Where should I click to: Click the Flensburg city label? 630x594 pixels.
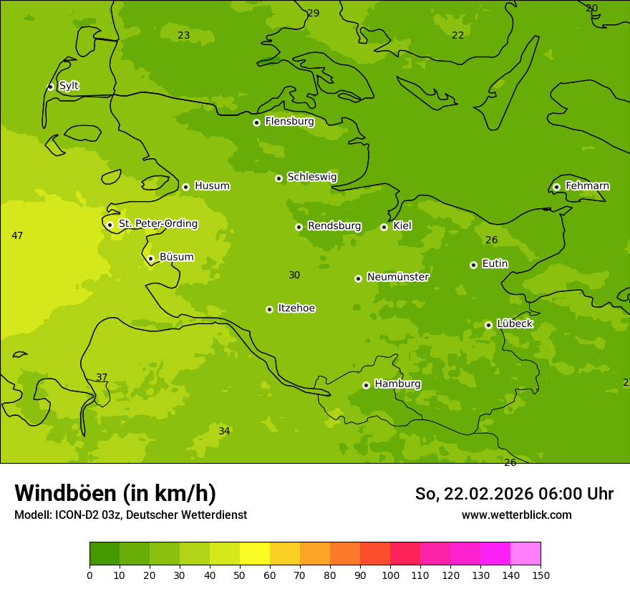(x=289, y=122)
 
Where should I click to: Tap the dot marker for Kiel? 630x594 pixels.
(x=384, y=227)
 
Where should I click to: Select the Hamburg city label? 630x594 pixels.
(x=397, y=384)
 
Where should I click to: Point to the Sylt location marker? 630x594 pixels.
(x=50, y=87)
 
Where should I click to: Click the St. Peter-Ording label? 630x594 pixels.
(x=157, y=224)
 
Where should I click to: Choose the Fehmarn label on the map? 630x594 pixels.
(x=587, y=186)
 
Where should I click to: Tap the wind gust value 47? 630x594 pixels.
(x=17, y=235)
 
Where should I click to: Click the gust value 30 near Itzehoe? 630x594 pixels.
(x=294, y=275)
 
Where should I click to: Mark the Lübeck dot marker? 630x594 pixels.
(x=488, y=325)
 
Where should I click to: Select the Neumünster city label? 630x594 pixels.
(x=398, y=277)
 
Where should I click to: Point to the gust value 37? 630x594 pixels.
(x=102, y=377)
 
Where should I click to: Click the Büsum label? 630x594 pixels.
(x=176, y=257)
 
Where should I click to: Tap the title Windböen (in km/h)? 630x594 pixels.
(x=115, y=493)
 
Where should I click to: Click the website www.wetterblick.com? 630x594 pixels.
(x=516, y=515)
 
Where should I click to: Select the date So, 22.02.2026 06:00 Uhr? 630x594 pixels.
(x=514, y=494)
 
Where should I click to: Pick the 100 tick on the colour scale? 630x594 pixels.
(x=390, y=575)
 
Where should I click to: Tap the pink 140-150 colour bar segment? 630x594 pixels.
(x=525, y=554)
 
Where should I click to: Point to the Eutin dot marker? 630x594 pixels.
(x=473, y=265)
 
